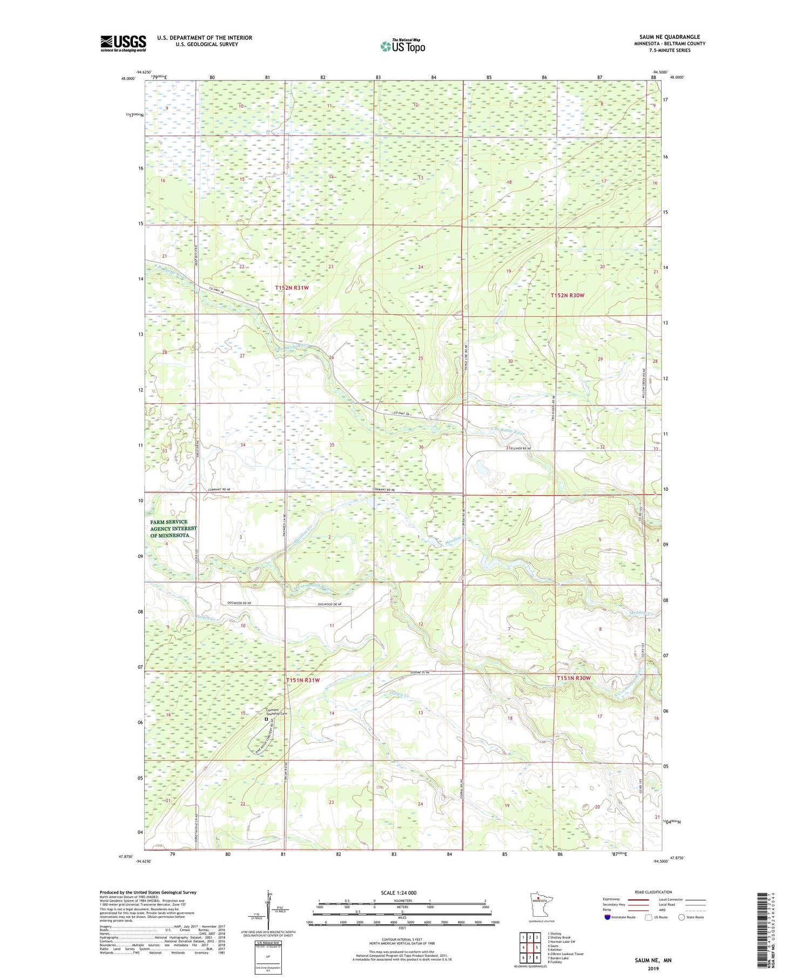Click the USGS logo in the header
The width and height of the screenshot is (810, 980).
pyautogui.click(x=123, y=43)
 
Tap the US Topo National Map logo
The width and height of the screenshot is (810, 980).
pyautogui.click(x=402, y=46)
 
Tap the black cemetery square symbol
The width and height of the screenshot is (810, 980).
pyautogui.click(x=266, y=719)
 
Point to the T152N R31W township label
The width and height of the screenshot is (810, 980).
pyautogui.click(x=292, y=288)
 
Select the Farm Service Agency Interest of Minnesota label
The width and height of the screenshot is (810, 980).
pyautogui.click(x=174, y=529)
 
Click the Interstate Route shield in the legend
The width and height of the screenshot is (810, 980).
pyautogui.click(x=607, y=917)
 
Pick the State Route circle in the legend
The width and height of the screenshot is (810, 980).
pyautogui.click(x=681, y=917)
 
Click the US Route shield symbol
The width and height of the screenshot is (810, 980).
pyautogui.click(x=648, y=917)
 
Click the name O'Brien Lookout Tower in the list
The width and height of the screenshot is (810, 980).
pyautogui.click(x=565, y=954)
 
